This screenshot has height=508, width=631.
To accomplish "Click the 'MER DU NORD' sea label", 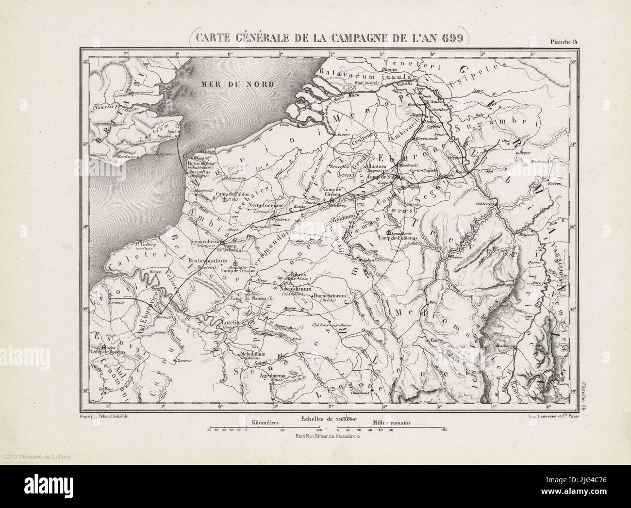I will (x=237, y=83).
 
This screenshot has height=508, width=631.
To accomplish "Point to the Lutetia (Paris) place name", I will (x=232, y=322).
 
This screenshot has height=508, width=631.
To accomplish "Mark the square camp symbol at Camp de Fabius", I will (x=224, y=199).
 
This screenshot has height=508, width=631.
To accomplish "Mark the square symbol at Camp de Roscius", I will (x=104, y=347).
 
